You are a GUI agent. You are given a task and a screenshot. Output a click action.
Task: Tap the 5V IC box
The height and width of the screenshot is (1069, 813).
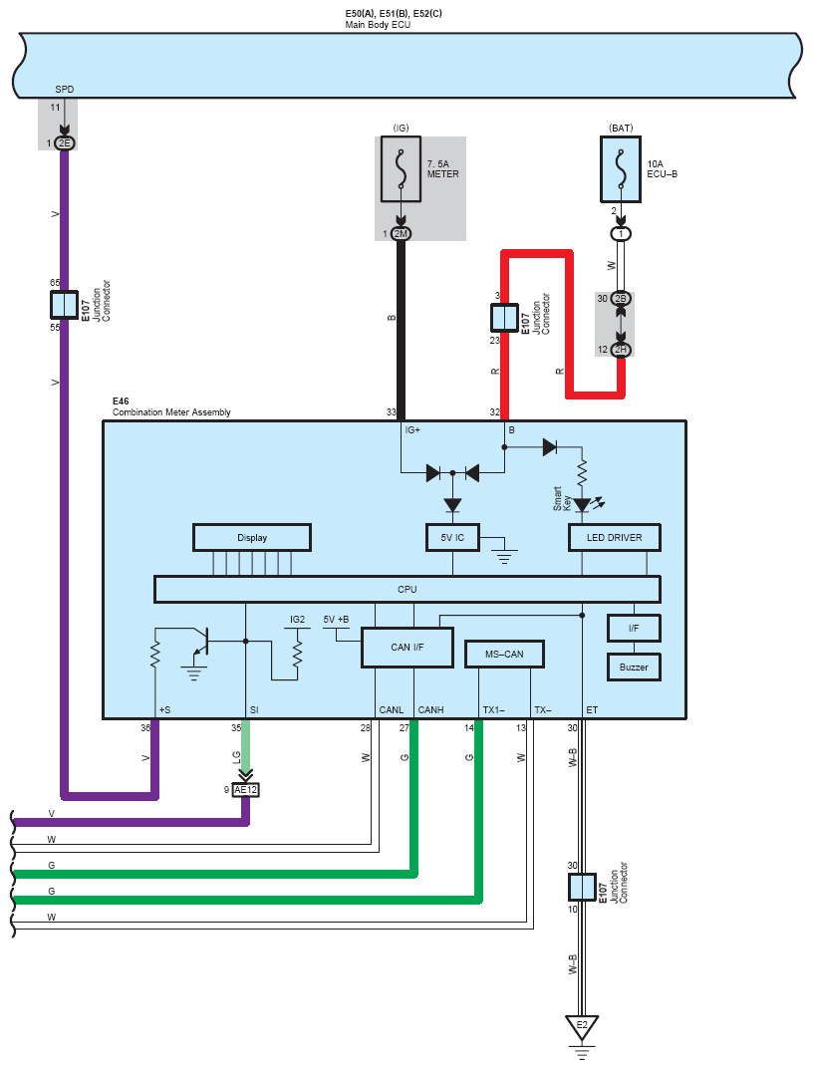[452, 537]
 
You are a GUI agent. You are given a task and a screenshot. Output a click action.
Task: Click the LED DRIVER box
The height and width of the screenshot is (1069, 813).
[615, 537]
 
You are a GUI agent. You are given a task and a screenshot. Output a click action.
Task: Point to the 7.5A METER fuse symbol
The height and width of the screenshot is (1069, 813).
[401, 168]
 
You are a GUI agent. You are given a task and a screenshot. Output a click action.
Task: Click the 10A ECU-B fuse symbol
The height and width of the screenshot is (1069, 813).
[620, 169]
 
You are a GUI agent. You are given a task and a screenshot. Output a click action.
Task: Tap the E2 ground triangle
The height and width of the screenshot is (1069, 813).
[582, 1027]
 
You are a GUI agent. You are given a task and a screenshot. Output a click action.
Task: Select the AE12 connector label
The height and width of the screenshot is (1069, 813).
[245, 789]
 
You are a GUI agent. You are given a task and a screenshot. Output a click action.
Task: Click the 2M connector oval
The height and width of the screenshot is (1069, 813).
[401, 234]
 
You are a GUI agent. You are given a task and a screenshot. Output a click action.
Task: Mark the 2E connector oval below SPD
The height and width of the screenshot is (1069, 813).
[64, 143]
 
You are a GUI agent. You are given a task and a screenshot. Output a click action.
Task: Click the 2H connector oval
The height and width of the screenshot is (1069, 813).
[620, 350]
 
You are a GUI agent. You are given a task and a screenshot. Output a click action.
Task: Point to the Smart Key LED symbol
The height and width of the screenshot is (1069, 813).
[583, 505]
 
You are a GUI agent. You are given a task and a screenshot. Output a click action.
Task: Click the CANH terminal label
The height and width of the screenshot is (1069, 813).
[431, 709]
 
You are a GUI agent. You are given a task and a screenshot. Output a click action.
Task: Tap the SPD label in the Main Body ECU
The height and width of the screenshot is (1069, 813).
[64, 90]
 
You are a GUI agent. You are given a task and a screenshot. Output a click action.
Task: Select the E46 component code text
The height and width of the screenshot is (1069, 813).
[121, 401]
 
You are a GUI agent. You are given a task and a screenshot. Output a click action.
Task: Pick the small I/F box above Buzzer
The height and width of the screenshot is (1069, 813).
[634, 628]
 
